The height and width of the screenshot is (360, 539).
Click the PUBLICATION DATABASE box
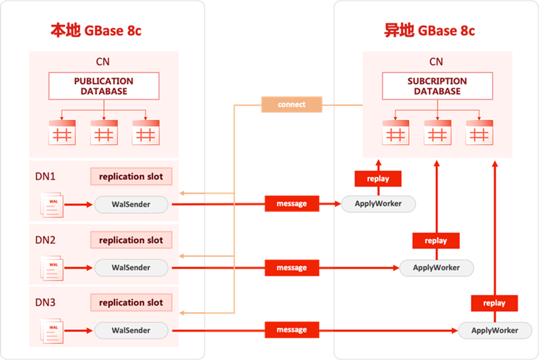104,86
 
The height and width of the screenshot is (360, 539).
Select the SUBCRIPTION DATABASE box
437,86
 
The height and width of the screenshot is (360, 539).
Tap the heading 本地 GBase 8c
96,31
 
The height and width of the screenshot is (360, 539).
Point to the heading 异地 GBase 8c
429,31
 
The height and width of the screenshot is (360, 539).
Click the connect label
292,105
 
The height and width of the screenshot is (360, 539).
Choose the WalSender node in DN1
131,204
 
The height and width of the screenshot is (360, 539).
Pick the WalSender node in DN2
131,268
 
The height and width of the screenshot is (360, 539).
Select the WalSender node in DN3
131,330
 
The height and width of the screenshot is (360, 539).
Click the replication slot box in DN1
131,177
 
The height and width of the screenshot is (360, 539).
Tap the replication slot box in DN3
131,302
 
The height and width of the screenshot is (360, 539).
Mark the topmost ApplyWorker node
378,204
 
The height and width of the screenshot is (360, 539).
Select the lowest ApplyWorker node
495,330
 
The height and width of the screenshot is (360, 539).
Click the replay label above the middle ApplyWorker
436,241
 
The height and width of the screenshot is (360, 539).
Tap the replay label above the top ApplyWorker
378,179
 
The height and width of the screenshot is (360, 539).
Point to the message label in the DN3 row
292,330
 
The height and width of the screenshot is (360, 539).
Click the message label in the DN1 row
292,204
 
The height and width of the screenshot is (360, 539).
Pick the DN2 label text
46,240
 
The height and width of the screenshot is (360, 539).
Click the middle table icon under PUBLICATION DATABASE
104,132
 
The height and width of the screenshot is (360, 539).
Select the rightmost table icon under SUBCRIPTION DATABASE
479,132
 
